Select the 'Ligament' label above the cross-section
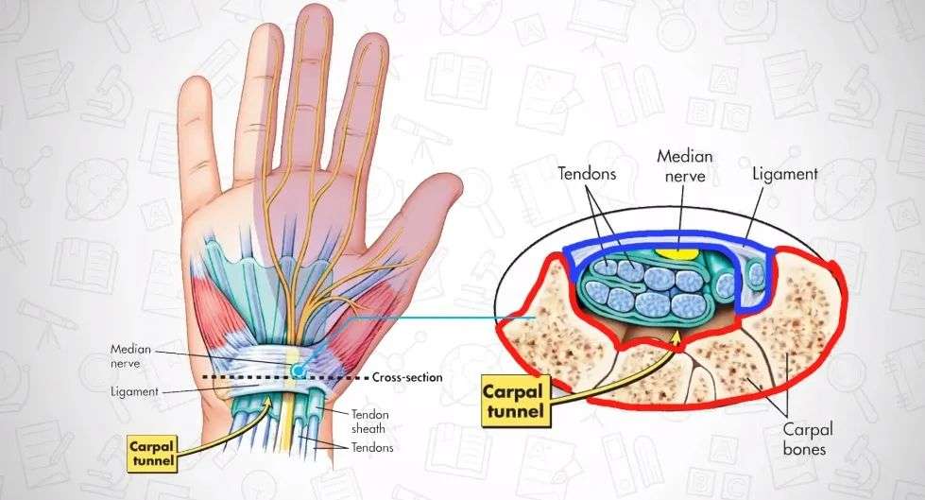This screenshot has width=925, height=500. (786, 175)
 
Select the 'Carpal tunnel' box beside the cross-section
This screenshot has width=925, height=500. (514, 399)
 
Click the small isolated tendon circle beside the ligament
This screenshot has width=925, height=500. (756, 275)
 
